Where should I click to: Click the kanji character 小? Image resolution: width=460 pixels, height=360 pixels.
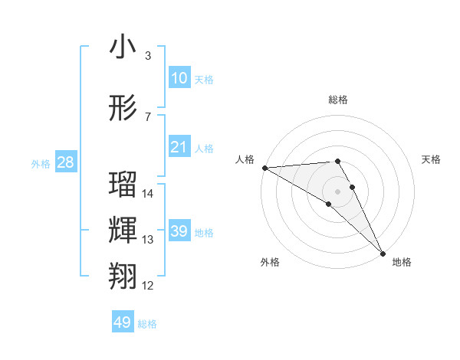click(x=123, y=47)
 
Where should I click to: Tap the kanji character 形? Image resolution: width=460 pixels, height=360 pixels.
click(x=123, y=108)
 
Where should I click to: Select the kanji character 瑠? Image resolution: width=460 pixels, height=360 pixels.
click(x=123, y=185)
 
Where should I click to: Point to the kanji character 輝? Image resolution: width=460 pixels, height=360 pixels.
click(x=123, y=231)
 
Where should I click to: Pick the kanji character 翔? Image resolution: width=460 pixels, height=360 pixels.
click(x=123, y=277)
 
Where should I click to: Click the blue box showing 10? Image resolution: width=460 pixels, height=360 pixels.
click(x=179, y=78)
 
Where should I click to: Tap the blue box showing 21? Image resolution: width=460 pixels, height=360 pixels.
click(x=179, y=147)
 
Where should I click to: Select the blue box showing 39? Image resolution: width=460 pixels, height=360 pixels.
click(x=179, y=231)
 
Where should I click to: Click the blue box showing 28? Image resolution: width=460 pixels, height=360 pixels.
click(x=65, y=162)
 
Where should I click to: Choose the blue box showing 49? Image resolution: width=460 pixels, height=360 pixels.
click(x=123, y=322)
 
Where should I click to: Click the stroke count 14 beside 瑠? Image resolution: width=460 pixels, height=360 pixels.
click(x=148, y=194)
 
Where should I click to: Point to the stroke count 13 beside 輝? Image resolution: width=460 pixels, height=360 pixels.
click(x=148, y=240)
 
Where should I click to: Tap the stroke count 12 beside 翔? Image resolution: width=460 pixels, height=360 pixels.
click(x=148, y=286)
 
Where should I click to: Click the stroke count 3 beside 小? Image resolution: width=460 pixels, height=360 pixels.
click(x=148, y=56)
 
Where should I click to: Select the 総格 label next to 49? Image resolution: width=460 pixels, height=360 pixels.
click(x=147, y=324)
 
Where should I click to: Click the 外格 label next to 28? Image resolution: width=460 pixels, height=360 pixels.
click(x=41, y=163)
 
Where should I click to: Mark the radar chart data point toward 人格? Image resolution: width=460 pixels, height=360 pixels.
click(x=264, y=168)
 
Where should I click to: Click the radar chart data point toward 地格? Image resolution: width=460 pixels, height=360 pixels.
click(x=383, y=253)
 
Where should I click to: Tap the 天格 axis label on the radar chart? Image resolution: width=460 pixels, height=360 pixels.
click(x=432, y=159)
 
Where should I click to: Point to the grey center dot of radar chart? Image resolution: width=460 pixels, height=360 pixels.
click(x=337, y=191)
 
